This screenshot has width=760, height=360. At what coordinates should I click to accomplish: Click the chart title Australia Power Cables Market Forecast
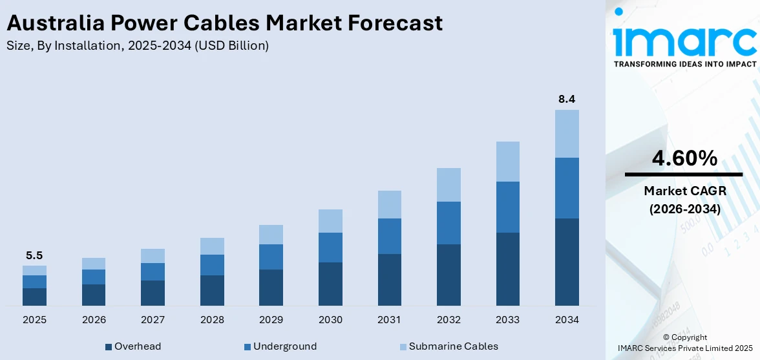pyautogui.click(x=224, y=23)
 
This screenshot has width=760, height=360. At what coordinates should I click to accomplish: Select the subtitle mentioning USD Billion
pyautogui.click(x=137, y=46)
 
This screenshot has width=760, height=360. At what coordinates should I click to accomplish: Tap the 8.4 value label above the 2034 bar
pyautogui.click(x=567, y=99)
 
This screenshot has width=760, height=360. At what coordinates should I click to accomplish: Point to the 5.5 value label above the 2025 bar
pyautogui.click(x=34, y=255)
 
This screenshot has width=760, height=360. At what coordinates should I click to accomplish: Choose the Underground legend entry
pyautogui.click(x=280, y=346)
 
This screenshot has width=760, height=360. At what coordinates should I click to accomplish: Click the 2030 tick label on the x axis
pyautogui.click(x=330, y=320)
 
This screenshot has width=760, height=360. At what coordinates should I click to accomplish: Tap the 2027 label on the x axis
pyautogui.click(x=153, y=320)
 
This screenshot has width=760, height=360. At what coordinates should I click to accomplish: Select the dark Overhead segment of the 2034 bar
pyautogui.click(x=567, y=262)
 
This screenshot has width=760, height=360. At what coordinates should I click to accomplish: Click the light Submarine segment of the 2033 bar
pyautogui.click(x=507, y=162)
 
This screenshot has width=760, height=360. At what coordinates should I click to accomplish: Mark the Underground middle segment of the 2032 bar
pyautogui.click(x=449, y=223)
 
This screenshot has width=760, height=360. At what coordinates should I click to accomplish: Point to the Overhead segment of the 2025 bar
pyautogui.click(x=34, y=297)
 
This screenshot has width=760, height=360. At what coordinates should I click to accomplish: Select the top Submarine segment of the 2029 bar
pyautogui.click(x=271, y=235)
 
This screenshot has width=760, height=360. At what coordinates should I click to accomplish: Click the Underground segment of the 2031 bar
pyautogui.click(x=389, y=236)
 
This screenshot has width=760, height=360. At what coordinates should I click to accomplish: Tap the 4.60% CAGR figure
pyautogui.click(x=684, y=158)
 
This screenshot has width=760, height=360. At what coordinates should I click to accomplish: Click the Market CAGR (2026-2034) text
pyautogui.click(x=684, y=200)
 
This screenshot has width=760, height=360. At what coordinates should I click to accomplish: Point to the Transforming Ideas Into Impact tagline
pyautogui.click(x=684, y=64)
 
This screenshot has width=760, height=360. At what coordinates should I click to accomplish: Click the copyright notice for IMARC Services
pyautogui.click(x=684, y=343)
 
